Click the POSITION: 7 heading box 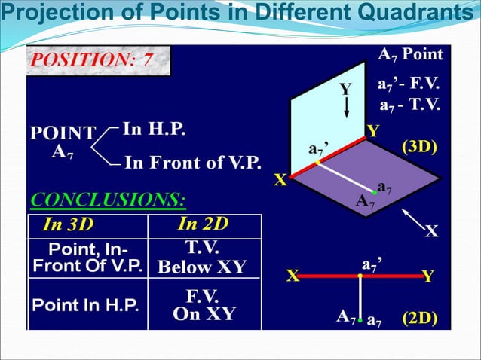coord(98,60)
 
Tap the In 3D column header coord(70,224)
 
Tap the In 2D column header coord(204,224)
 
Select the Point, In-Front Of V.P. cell coord(87,258)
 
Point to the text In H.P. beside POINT coord(154,129)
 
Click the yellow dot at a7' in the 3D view coord(318,162)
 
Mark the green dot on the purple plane coord(375,192)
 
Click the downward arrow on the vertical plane coord(346,105)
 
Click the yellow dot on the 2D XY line coord(360,276)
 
